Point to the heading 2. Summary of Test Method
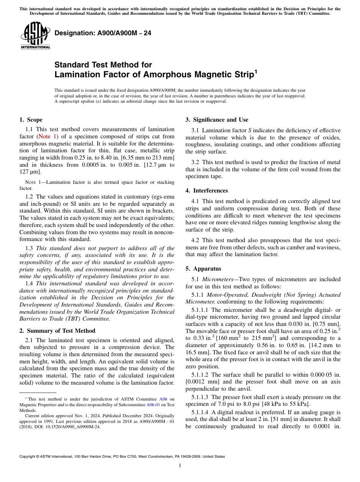[57, 330]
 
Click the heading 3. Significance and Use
[217, 120]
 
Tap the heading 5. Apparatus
[203, 269]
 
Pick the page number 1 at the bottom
[180, 466]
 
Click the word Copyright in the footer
[28, 457]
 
